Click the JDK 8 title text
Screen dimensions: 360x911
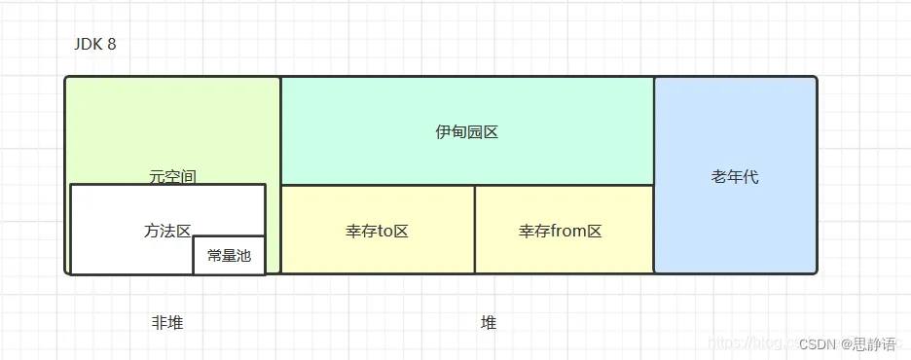94,45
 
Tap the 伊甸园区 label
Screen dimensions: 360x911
466,131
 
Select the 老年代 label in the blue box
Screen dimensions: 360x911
735,177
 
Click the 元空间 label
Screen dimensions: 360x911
172,176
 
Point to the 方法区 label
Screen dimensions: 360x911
167,231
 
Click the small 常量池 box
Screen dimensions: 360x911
229,255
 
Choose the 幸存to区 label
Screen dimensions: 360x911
377,232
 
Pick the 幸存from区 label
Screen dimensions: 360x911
561,232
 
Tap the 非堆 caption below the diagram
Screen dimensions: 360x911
167,323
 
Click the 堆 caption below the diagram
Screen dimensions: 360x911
489,323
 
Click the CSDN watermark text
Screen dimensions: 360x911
819,343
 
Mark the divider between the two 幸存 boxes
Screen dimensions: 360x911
475,230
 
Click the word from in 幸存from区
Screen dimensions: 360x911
566,232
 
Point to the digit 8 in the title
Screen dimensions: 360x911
112,45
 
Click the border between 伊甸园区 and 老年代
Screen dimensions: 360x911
654,131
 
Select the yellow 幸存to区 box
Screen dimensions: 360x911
377,253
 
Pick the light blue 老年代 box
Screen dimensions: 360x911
735,224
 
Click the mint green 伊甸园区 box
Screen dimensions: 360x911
466,107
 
